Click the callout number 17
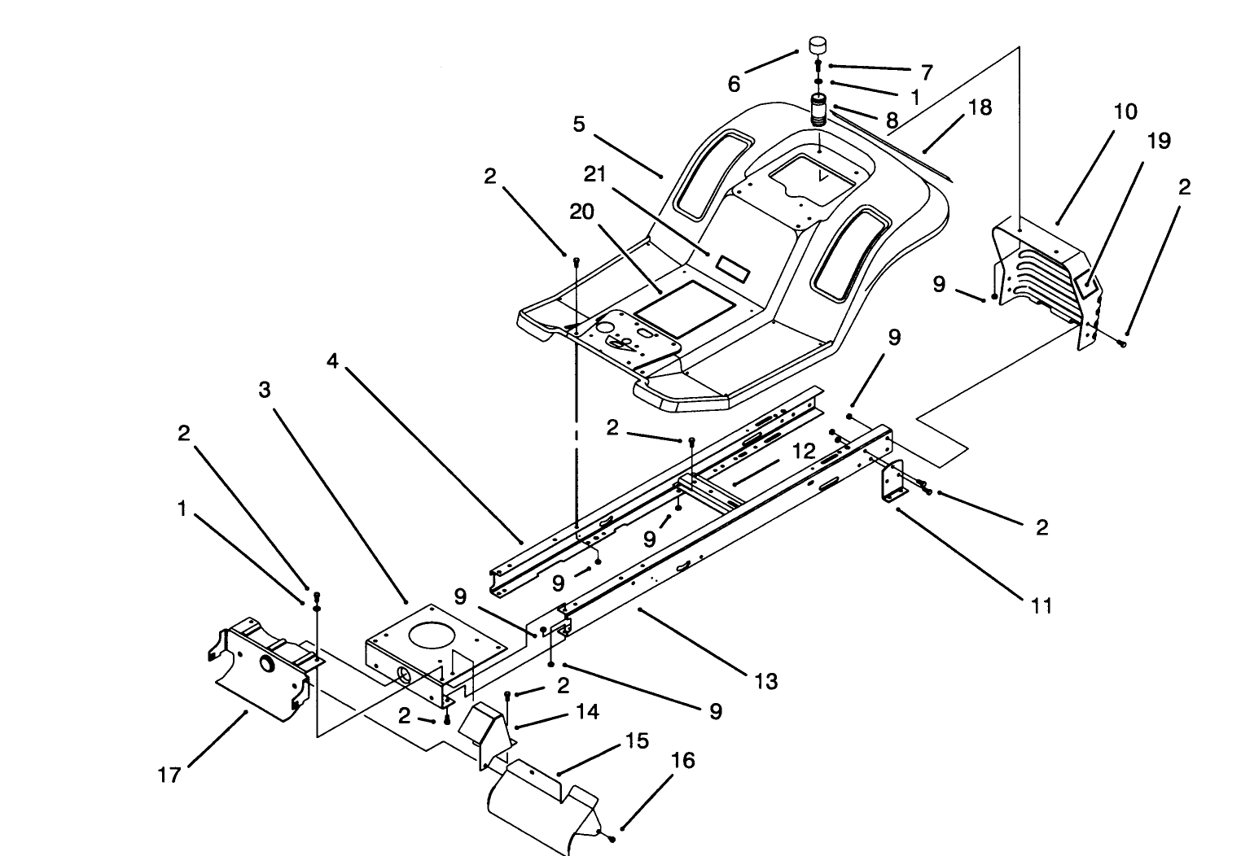point(169,775)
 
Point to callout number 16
point(683,760)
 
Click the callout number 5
point(579,124)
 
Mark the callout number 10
point(1125,111)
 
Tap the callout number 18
point(980,107)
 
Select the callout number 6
point(734,83)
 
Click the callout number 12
point(804,451)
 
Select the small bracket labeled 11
point(892,484)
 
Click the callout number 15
point(637,741)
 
